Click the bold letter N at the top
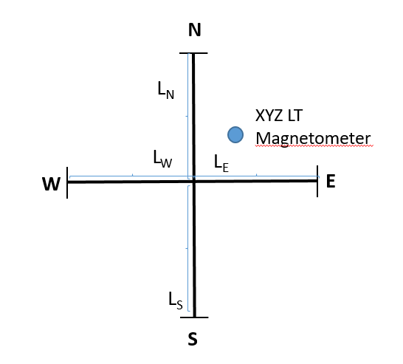pyautogui.click(x=195, y=30)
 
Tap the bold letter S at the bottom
pyautogui.click(x=193, y=339)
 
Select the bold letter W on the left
pyautogui.click(x=52, y=184)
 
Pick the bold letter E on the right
pyautogui.click(x=331, y=182)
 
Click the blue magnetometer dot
pyautogui.click(x=235, y=135)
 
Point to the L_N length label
pyautogui.click(x=166, y=90)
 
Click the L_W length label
pyautogui.click(x=162, y=159)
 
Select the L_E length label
pyautogui.click(x=221, y=163)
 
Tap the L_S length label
pyautogui.click(x=176, y=301)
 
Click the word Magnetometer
pyautogui.click(x=313, y=139)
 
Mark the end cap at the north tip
pyautogui.click(x=193, y=53)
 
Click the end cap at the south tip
pyautogui.click(x=194, y=317)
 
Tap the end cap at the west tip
pyautogui.click(x=67, y=182)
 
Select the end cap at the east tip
pyautogui.click(x=317, y=181)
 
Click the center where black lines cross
pyautogui.click(x=194, y=182)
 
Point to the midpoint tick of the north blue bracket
pyautogui.click(x=187, y=116)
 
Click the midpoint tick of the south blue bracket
pyautogui.click(x=187, y=248)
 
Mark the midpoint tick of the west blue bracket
pyautogui.click(x=132, y=175)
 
